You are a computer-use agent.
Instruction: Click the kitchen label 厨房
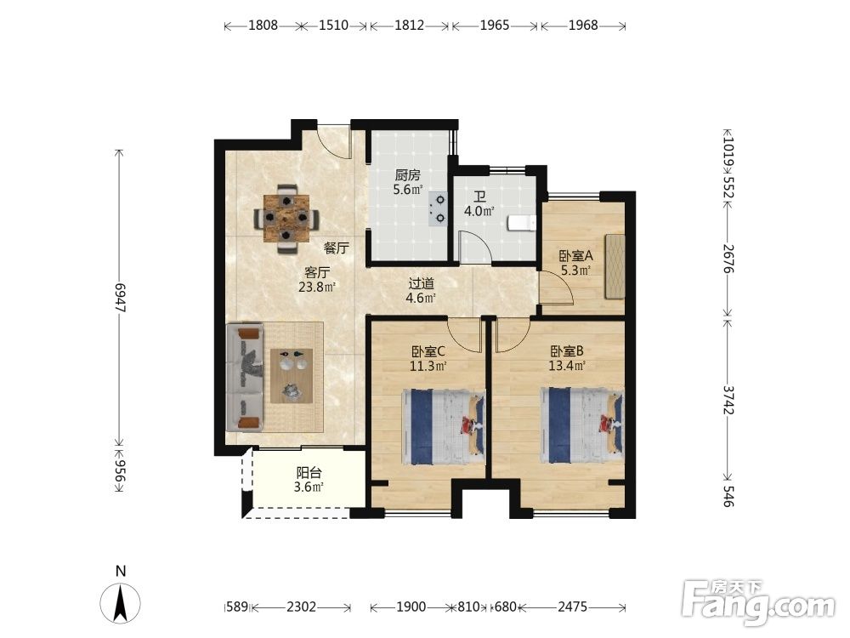[x=407, y=175]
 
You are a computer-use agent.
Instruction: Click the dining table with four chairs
[x=286, y=219]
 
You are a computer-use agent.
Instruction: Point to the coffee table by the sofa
[x=292, y=375]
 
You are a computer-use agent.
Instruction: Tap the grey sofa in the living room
[x=245, y=378]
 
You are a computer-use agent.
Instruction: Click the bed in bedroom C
[x=444, y=426]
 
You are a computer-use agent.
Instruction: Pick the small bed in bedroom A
[x=615, y=265]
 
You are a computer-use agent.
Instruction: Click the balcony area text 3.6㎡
[x=309, y=487]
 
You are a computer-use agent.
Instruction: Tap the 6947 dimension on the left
[x=120, y=297]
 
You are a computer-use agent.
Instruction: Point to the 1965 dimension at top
[x=495, y=25]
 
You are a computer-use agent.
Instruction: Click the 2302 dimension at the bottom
[x=301, y=607]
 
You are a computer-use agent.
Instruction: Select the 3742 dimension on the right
[x=728, y=400]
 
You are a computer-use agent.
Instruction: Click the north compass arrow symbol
[x=121, y=602]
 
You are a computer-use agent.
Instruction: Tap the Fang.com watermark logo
[x=758, y=602]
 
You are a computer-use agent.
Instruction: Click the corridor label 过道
[x=422, y=284]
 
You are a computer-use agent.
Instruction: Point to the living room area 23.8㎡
[x=317, y=287]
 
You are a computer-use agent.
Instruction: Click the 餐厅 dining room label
[x=336, y=248]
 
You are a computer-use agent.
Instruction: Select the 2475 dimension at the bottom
[x=572, y=607]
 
